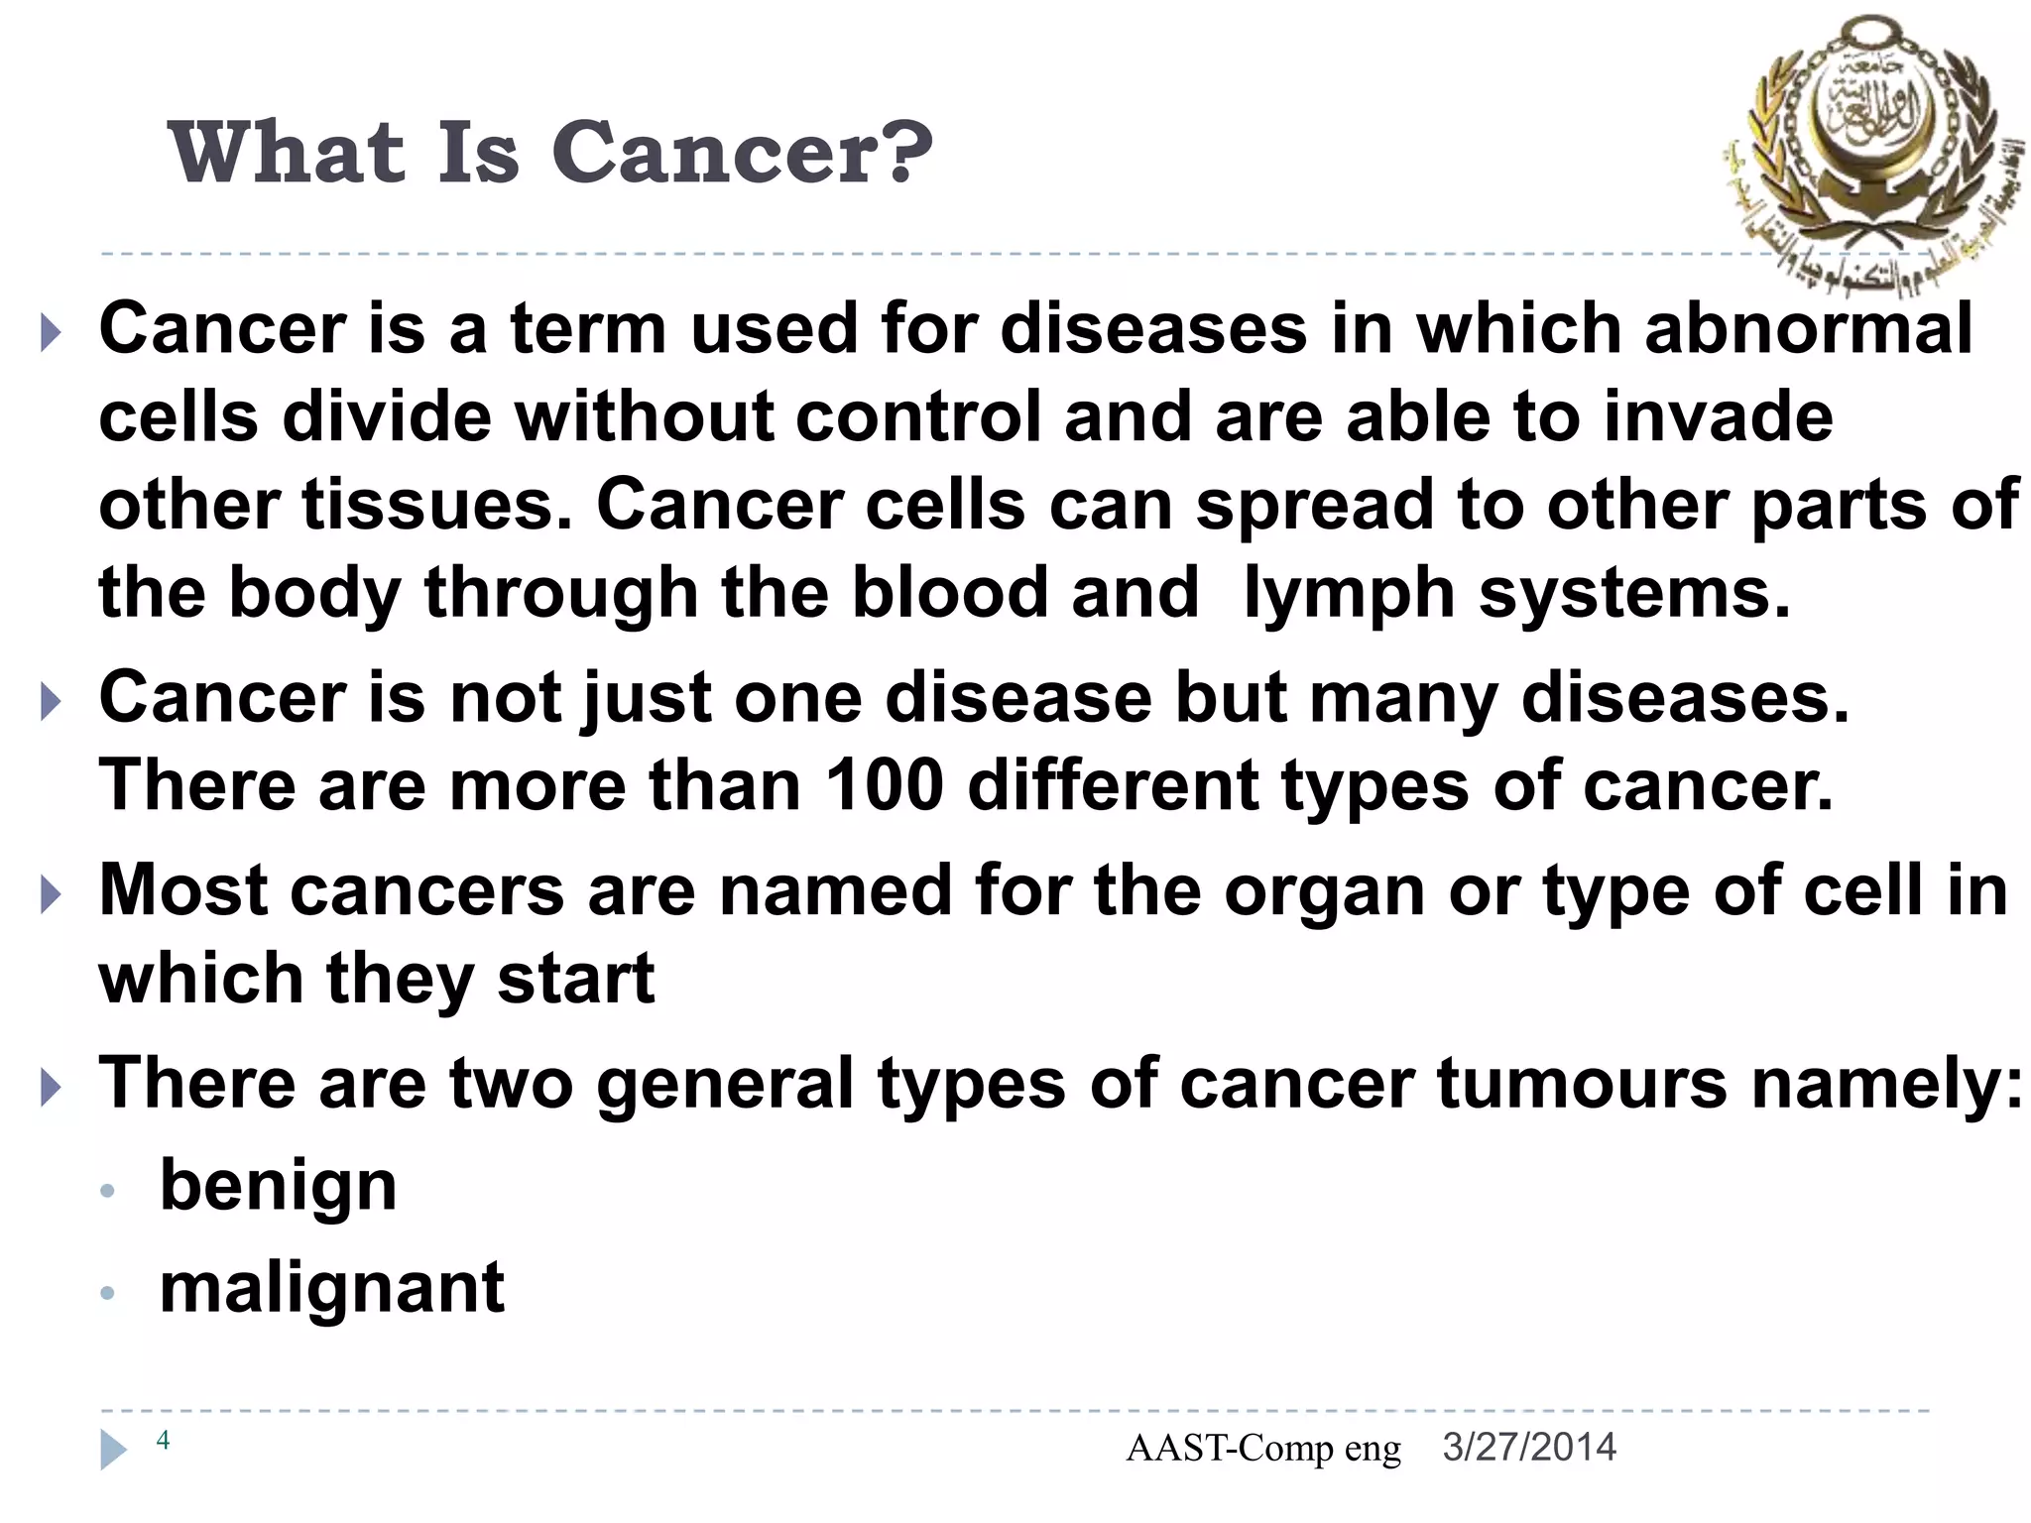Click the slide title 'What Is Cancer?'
point(550,154)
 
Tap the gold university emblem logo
point(1869,149)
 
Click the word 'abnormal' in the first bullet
point(1808,329)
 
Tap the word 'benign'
point(278,1186)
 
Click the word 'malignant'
point(331,1289)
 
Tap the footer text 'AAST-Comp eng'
point(1262,1450)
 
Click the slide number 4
point(164,1441)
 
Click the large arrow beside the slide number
point(113,1450)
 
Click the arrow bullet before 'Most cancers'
point(51,895)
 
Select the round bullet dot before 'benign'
point(109,1191)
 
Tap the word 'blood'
point(949,593)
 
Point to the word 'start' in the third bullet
point(575,980)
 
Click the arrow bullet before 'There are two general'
point(51,1088)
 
